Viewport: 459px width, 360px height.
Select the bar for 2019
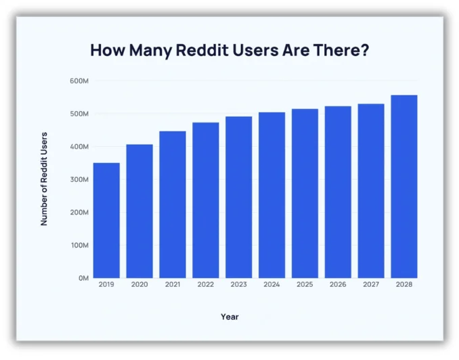(x=106, y=220)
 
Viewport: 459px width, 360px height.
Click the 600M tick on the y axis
(x=80, y=81)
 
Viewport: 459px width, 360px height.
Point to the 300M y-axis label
(x=80, y=179)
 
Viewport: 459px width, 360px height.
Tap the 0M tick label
(x=83, y=278)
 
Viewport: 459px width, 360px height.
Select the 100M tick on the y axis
(x=80, y=245)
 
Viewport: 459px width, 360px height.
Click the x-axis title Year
(x=230, y=317)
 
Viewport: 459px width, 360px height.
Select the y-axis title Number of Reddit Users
(x=45, y=179)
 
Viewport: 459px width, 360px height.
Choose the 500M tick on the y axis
(x=80, y=114)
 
